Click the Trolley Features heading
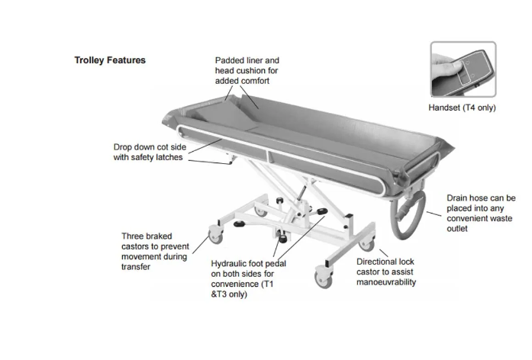(110, 60)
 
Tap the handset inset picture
(463, 69)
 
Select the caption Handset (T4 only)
(462, 108)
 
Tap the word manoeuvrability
(386, 282)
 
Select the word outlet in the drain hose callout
(457, 229)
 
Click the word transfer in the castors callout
(136, 267)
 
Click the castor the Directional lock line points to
(367, 244)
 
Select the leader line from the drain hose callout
(434, 214)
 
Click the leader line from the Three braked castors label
(201, 244)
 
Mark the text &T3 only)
(229, 294)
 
